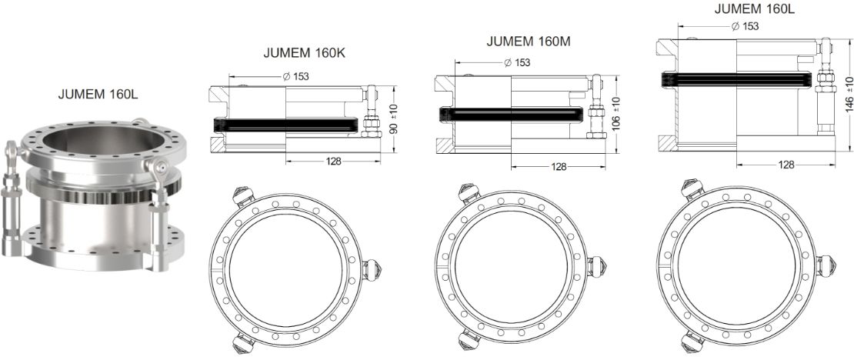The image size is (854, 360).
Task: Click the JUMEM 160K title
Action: [305, 53]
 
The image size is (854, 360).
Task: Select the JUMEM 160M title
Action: [529, 42]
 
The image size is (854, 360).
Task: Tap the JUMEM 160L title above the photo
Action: [98, 94]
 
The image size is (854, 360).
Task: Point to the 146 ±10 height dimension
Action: [849, 95]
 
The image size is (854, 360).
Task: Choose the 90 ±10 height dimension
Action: [393, 119]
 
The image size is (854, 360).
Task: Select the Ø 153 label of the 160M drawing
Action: [518, 62]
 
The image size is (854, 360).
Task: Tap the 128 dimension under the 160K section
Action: [333, 162]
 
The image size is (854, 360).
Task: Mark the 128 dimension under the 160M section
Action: [559, 167]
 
